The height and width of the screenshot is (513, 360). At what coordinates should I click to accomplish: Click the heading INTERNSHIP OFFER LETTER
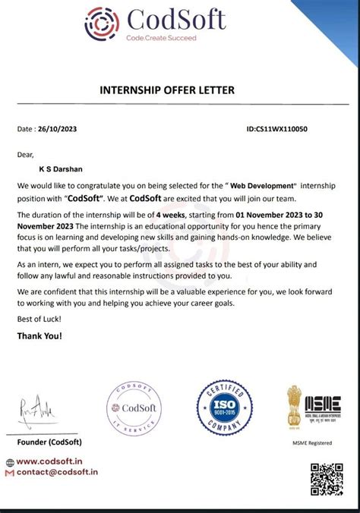[x=167, y=90]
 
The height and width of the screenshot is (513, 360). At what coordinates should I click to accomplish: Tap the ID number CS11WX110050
[x=277, y=129]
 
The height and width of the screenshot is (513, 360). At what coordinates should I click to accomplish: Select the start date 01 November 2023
[x=276, y=216]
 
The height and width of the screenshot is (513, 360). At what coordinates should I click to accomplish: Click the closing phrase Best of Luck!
[x=35, y=319]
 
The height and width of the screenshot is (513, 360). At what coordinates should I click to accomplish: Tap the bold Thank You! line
[x=39, y=335]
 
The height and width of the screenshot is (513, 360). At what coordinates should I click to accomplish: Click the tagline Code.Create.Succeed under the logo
[x=161, y=38]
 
